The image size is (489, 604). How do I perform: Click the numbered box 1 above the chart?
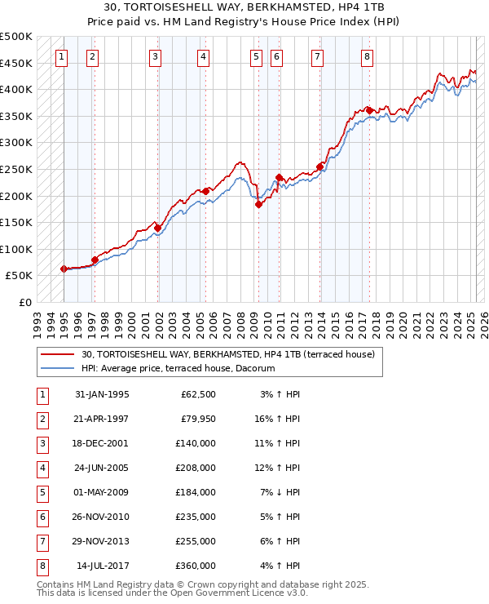click(63, 56)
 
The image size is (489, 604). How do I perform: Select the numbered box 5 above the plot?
click(256, 56)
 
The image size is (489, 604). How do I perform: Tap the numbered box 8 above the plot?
click(368, 56)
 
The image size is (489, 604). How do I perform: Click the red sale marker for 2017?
click(370, 110)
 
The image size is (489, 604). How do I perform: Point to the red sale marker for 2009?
click(258, 205)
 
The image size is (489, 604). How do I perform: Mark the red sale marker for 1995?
click(64, 269)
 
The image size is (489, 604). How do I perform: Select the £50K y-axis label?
click(19, 276)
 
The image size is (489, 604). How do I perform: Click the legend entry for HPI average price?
click(178, 369)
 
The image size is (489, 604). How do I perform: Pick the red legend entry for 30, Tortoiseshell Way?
click(227, 354)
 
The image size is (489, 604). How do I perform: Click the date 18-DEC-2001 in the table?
click(101, 444)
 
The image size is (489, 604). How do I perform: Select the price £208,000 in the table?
click(196, 469)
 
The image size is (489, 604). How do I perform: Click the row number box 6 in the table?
click(42, 517)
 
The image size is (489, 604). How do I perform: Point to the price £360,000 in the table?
click(196, 566)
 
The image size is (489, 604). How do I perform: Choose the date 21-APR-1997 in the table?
click(101, 420)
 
